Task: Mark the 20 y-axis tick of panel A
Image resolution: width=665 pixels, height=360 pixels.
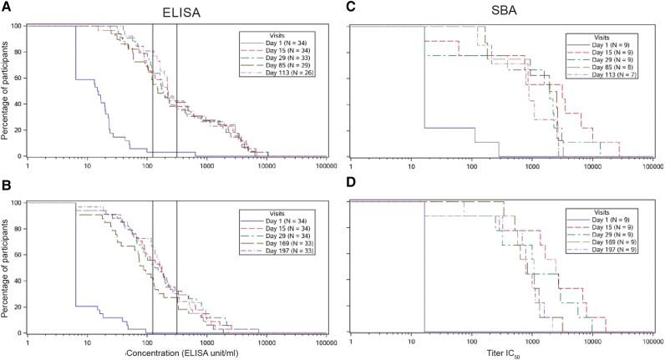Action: tap(18, 130)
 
